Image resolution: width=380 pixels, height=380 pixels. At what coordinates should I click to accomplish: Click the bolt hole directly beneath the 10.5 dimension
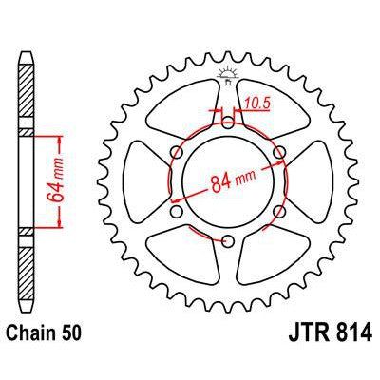point(228,122)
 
